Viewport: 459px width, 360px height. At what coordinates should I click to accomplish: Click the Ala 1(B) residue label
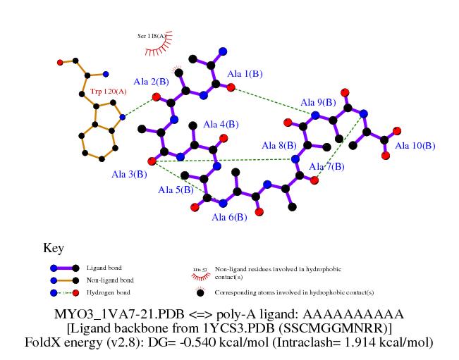pyautogui.click(x=245, y=74)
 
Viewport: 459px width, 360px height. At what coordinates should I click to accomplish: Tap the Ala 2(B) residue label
pyautogui.click(x=152, y=82)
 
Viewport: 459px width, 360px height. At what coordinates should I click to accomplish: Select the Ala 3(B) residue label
pyautogui.click(x=129, y=174)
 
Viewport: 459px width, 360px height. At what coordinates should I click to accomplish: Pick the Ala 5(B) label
pyautogui.click(x=176, y=190)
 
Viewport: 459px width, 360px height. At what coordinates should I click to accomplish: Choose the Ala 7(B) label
pyautogui.click(x=327, y=166)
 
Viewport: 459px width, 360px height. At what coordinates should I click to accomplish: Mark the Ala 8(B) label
pyautogui.click(x=279, y=146)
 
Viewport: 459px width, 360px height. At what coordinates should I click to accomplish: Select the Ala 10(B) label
pyautogui.click(x=415, y=146)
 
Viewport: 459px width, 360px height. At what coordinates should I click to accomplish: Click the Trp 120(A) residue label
pyautogui.click(x=109, y=92)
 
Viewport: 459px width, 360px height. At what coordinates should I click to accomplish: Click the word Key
pyautogui.click(x=54, y=248)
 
